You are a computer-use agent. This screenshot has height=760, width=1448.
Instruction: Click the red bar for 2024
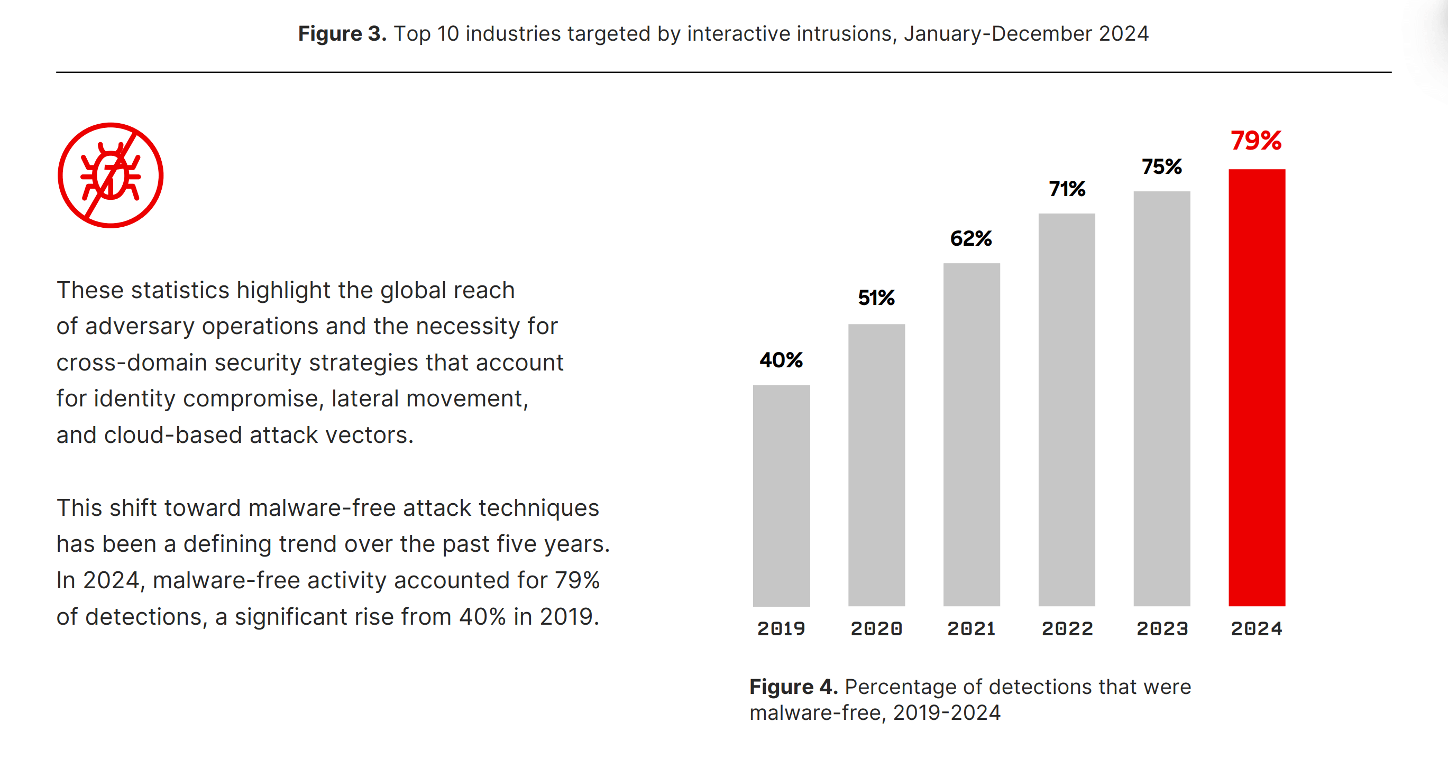click(1257, 387)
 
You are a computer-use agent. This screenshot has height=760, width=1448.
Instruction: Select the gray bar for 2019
click(781, 495)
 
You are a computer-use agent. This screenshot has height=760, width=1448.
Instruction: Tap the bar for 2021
click(972, 434)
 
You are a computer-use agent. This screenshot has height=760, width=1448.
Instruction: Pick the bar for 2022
click(1066, 410)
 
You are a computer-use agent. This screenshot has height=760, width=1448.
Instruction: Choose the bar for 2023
click(1161, 398)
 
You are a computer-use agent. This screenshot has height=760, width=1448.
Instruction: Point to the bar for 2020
click(876, 465)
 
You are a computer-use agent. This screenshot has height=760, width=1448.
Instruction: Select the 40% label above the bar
click(781, 359)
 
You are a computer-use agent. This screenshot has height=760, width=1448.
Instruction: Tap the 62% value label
click(971, 238)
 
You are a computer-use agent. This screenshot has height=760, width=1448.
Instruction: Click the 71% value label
click(1066, 189)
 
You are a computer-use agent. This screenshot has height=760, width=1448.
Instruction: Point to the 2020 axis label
click(876, 628)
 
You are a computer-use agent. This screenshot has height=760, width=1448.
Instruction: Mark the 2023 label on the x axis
click(1162, 628)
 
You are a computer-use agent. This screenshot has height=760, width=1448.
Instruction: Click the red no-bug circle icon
click(111, 175)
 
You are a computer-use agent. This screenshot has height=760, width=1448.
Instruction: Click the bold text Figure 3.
click(342, 34)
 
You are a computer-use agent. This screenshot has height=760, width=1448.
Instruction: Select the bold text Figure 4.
click(793, 687)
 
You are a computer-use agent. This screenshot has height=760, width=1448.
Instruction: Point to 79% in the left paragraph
click(577, 580)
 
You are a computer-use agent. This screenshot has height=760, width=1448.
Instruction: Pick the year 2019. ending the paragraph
click(569, 617)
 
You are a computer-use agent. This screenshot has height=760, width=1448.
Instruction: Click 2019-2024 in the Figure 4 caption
click(947, 713)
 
